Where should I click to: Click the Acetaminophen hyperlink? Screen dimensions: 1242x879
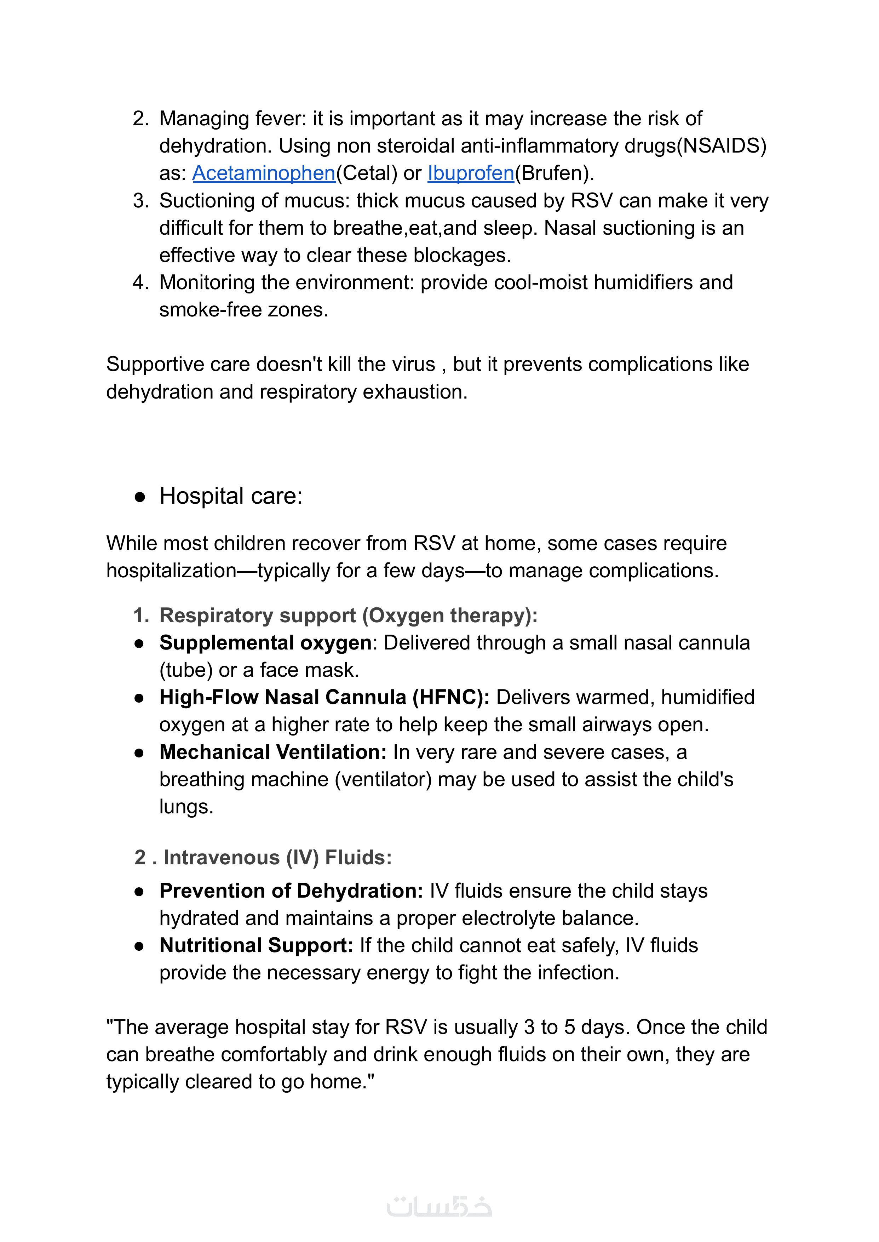264,173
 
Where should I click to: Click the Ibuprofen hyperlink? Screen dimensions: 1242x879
470,173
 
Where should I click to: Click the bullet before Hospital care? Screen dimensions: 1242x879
140,497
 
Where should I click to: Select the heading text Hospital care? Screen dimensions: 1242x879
231,496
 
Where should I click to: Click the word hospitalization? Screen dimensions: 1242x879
171,571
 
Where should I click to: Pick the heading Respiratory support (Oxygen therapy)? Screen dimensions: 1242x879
348,616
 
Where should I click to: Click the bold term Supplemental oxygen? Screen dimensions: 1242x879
265,643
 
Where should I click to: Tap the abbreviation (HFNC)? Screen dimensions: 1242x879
450,697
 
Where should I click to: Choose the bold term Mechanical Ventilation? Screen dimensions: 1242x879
273,752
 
